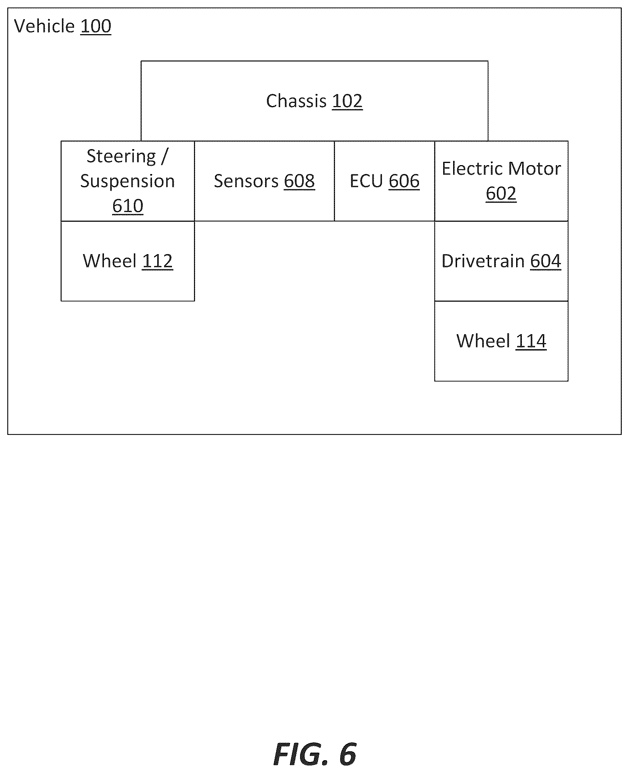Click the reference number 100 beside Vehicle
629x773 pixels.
tap(96, 26)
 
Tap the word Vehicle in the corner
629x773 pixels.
tap(44, 26)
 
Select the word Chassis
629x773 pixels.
tap(297, 101)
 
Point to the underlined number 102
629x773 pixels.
tap(347, 101)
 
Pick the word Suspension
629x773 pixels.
tap(127, 181)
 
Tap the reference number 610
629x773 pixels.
tap(127, 206)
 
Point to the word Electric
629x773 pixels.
tap(472, 168)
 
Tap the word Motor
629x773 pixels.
tap(534, 168)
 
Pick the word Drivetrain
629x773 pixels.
tap(483, 261)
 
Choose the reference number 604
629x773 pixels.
tap(546, 261)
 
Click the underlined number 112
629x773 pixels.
tap(158, 261)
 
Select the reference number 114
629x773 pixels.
tap(531, 341)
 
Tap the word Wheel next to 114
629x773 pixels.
tap(483, 341)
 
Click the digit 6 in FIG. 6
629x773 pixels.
tap(348, 754)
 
